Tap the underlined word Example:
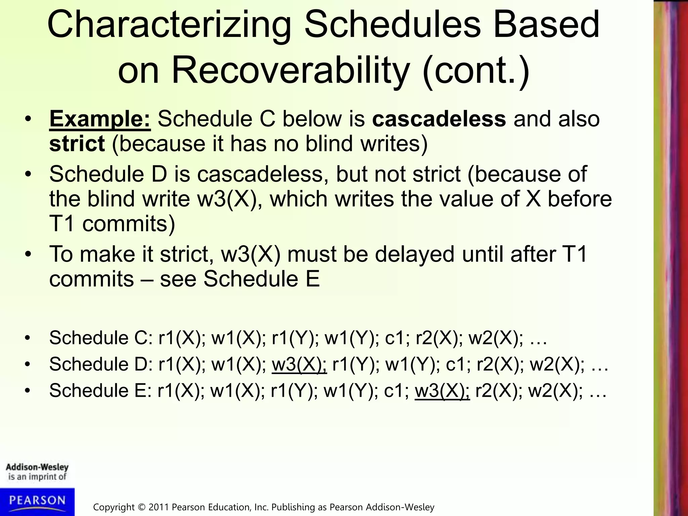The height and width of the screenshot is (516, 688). point(100,119)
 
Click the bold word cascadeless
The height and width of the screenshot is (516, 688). point(439,119)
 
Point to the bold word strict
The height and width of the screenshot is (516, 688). point(77,144)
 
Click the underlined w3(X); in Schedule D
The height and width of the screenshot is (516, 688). point(299,364)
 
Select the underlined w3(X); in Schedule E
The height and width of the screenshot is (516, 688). point(442,391)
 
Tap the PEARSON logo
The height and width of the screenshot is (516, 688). point(37,501)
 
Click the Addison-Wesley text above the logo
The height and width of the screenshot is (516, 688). point(37,467)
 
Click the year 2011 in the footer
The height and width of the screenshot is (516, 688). point(159,507)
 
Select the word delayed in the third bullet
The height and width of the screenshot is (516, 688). point(415,254)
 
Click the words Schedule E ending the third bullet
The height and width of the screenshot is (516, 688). point(261,279)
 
